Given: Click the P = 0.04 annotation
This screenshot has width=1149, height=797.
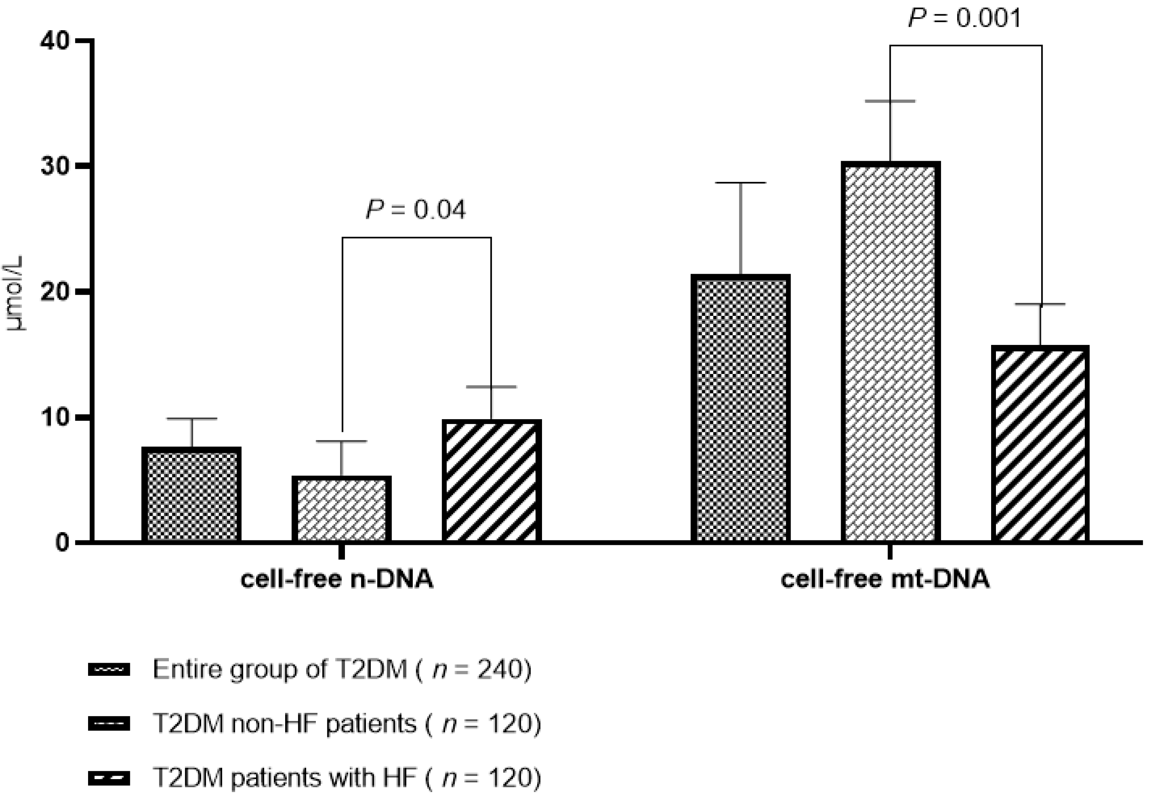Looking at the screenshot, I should pos(416,210).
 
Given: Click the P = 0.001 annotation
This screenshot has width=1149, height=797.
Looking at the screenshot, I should pos(965,19).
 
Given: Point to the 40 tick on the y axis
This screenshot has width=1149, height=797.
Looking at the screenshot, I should pos(55,41).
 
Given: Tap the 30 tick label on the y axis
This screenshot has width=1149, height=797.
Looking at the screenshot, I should pos(55,166).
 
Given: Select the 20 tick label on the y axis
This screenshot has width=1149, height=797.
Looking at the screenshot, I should pos(55,292).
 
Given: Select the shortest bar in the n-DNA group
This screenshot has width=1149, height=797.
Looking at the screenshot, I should pos(341,509).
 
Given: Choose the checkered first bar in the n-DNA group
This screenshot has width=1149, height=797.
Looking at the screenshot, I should pos(191,495).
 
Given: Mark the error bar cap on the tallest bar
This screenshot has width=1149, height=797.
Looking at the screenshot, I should pos(890,101).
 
